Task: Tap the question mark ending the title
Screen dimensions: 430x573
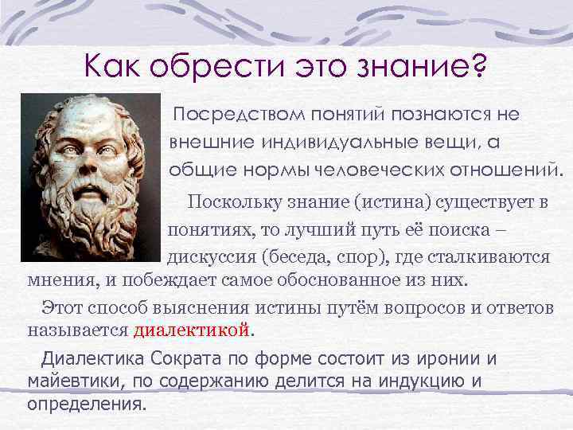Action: coord(479,63)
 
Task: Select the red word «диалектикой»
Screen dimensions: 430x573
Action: coord(192,329)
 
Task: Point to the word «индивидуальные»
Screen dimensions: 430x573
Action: coord(325,142)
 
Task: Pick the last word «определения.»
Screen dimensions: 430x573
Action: coord(88,403)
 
